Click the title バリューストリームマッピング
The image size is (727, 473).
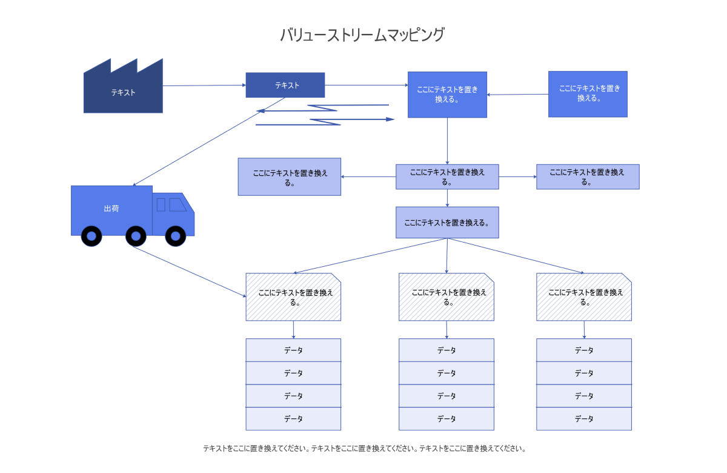coord(362,35)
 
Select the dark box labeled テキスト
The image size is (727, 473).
coord(285,85)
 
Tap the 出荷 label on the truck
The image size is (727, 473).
coord(111,209)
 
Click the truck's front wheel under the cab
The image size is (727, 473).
coord(175,236)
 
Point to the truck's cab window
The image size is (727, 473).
coord(177,205)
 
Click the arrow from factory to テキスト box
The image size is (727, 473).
coord(204,86)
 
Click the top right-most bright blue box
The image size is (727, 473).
coord(588,93)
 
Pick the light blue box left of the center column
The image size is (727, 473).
coord(289,176)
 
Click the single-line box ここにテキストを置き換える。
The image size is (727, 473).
coord(447,222)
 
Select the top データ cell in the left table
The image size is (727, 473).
coord(293,350)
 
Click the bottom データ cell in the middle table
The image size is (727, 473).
coord(446,418)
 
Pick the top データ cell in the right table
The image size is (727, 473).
coord(584,350)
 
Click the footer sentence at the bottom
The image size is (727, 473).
coord(364,449)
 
